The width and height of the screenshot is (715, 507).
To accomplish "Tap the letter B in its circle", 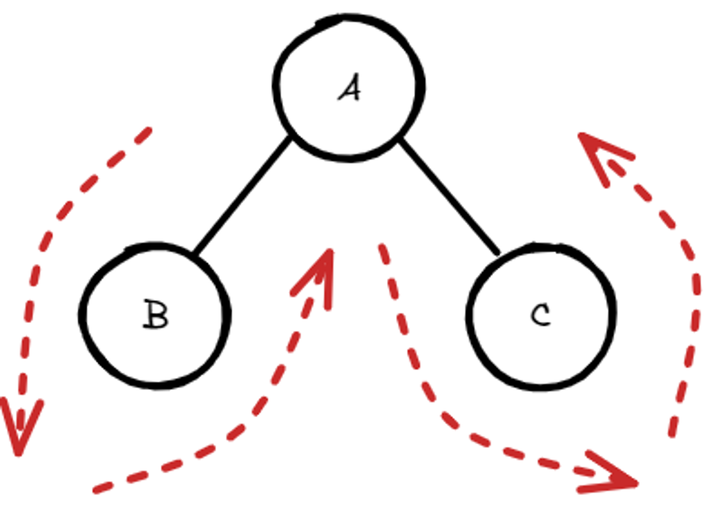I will pos(155,314).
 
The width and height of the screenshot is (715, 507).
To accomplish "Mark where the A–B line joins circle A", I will pos(290,138).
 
